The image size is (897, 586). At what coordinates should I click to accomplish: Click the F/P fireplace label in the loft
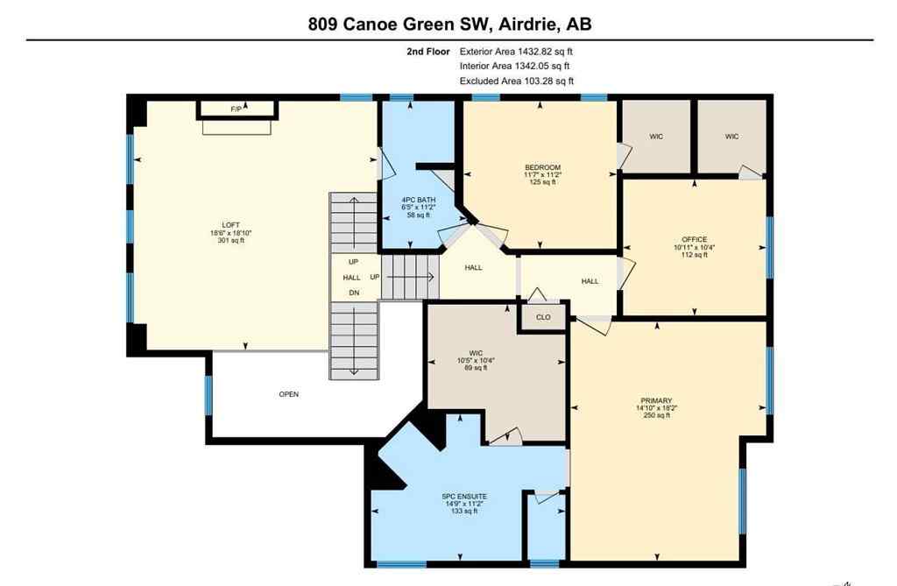236,109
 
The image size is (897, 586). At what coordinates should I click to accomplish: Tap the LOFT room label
230,223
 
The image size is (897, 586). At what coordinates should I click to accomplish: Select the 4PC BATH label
418,199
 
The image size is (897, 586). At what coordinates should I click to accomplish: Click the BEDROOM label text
542,167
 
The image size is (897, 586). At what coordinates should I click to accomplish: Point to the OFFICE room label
694,239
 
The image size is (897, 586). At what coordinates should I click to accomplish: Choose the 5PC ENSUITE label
463,496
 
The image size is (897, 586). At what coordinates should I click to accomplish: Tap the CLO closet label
543,318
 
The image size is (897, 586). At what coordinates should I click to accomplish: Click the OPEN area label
289,394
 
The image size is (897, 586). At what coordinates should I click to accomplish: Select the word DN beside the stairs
353,293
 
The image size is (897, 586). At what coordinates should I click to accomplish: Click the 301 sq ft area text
230,241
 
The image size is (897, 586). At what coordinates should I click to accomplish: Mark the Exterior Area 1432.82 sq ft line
517,51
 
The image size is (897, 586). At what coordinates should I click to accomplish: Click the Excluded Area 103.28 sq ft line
517,81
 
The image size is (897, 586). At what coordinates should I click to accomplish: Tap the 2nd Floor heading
427,51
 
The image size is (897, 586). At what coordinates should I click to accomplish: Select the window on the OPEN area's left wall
208,394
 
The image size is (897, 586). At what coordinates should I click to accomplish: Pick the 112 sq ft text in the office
694,256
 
